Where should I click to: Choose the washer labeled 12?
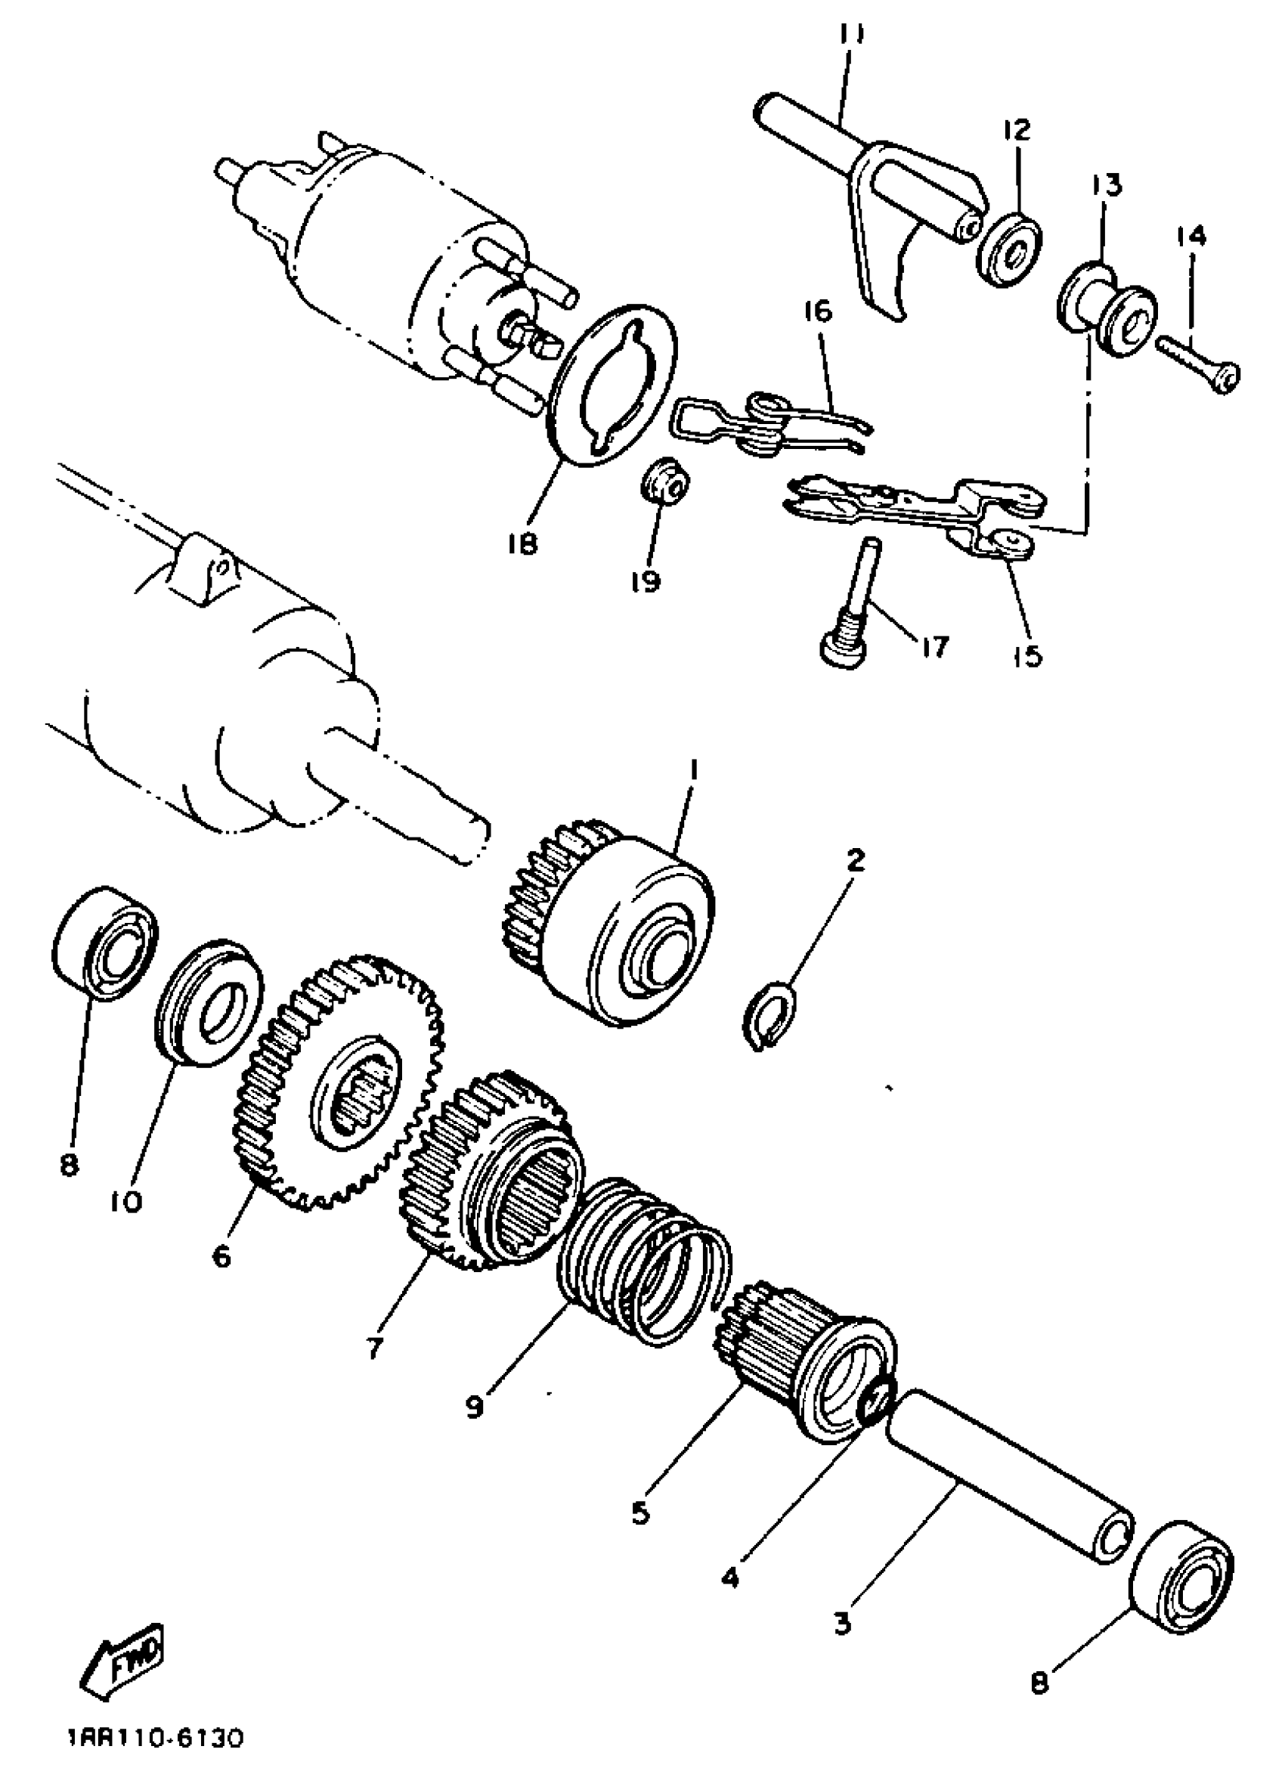click(x=1009, y=250)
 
